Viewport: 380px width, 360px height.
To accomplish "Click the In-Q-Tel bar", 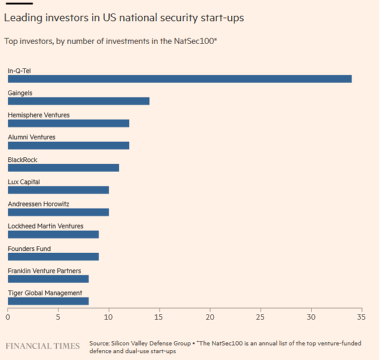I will coord(180,79).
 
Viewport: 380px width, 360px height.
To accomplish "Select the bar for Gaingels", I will coord(78,101).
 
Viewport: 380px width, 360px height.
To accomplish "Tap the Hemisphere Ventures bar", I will coord(68,124).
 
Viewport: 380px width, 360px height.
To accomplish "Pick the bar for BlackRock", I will coord(63,168).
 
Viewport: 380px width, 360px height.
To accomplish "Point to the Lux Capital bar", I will coord(58,190).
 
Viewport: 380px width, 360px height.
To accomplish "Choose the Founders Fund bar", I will coord(53,257).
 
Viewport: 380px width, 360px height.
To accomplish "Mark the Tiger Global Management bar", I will coord(48,301).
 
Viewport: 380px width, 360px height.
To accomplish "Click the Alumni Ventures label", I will coord(31,137).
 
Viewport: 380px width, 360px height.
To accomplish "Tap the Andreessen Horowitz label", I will coord(38,204).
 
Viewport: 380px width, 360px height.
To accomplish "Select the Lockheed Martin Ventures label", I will coord(45,226).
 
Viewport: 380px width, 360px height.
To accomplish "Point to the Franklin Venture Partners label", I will coord(44,271).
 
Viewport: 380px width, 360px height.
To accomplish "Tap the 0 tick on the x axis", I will coord(8,317).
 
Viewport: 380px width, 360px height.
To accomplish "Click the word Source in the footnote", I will coord(99,343).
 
